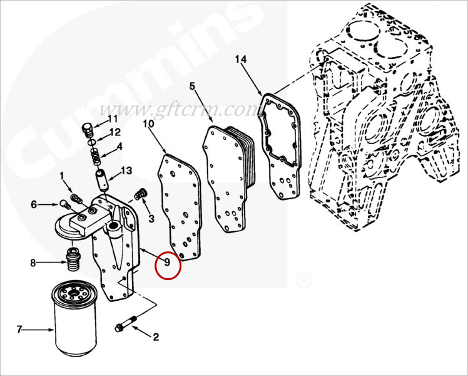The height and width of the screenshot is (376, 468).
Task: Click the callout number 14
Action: pos(241,59)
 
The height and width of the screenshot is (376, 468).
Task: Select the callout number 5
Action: pos(193,86)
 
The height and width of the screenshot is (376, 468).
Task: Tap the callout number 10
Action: pos(148,123)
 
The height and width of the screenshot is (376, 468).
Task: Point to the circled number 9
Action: pos(167,262)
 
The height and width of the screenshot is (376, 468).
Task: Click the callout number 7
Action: pos(19,330)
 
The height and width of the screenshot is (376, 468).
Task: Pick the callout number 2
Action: pos(156,337)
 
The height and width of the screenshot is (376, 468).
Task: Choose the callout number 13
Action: pos(126,170)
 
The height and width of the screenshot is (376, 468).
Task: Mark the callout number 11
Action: pos(113,119)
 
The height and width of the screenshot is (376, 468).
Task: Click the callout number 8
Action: pos(33,263)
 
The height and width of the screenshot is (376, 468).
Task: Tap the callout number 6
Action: pos(34,204)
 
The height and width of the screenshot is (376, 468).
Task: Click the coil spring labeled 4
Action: pos(95,157)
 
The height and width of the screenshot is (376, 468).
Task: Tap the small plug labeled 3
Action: pos(140,194)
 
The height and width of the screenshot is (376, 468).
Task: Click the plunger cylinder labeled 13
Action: pos(101,179)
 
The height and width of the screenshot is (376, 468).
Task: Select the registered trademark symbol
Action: pos(304,281)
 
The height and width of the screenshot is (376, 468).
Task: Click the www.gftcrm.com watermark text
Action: pos(179,110)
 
